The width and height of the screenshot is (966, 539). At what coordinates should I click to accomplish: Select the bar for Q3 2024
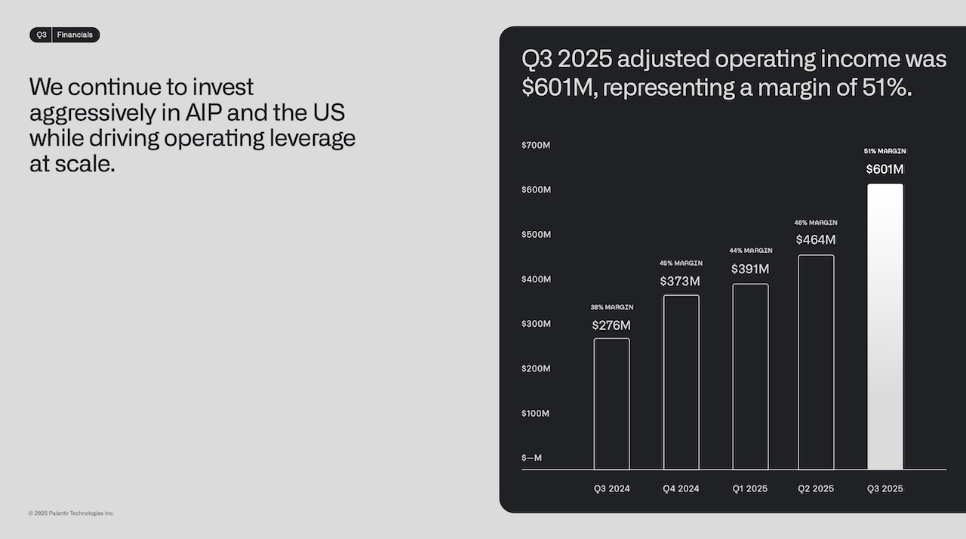pyautogui.click(x=611, y=404)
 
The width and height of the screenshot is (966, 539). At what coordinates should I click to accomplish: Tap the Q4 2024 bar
pyautogui.click(x=681, y=382)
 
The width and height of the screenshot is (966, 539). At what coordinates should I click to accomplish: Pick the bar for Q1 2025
pyautogui.click(x=750, y=377)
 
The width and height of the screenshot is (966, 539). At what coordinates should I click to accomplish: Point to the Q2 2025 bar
pyautogui.click(x=816, y=362)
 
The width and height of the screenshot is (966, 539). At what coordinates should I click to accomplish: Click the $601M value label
pyautogui.click(x=884, y=169)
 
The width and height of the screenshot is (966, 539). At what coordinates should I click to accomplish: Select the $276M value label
pyautogui.click(x=611, y=325)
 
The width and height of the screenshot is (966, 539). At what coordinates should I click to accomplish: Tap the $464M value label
pyautogui.click(x=816, y=239)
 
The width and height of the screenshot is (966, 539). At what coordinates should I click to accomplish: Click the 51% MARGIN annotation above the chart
pyautogui.click(x=884, y=151)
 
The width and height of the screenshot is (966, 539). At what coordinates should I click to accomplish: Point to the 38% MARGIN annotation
pyautogui.click(x=611, y=307)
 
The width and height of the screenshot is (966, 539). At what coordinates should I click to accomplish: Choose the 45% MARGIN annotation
pyautogui.click(x=681, y=263)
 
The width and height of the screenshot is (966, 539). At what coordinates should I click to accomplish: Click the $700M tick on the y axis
pyautogui.click(x=536, y=145)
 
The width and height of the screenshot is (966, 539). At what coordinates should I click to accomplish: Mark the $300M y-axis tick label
pyautogui.click(x=536, y=324)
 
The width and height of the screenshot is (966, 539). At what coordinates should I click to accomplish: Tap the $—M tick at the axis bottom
pyautogui.click(x=531, y=457)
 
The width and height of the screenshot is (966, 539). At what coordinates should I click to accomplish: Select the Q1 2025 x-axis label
pyautogui.click(x=750, y=488)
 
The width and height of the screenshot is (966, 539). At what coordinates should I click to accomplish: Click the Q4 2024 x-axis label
pyautogui.click(x=681, y=488)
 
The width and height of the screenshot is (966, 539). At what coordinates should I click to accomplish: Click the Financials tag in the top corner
pyautogui.click(x=75, y=35)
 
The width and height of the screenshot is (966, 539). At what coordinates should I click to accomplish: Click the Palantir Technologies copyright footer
pyautogui.click(x=72, y=513)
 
